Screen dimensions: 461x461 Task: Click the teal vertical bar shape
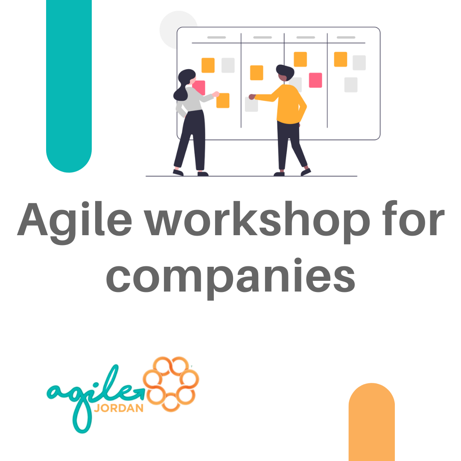(x=69, y=85)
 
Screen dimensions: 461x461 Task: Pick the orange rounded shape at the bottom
(x=371, y=423)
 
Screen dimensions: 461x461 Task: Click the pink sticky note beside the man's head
(x=315, y=80)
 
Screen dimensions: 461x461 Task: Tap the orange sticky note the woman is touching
(x=223, y=101)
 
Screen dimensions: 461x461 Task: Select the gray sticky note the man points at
(x=251, y=105)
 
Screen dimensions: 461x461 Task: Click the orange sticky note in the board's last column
(x=340, y=59)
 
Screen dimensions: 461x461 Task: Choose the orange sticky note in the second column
(x=257, y=73)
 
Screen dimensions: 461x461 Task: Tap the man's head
(x=285, y=73)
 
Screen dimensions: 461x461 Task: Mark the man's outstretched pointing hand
(x=252, y=97)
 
